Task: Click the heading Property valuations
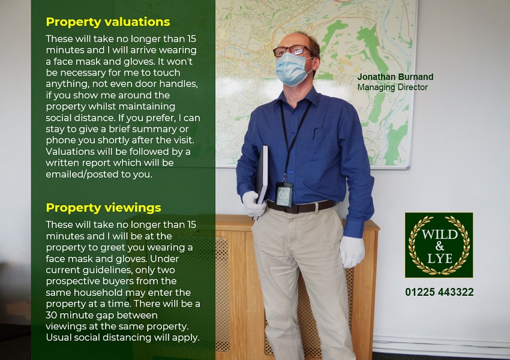coord(108,22)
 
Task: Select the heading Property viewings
coord(103,208)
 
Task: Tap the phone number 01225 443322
coord(439,292)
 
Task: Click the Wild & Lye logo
coord(439,245)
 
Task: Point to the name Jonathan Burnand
coord(395,77)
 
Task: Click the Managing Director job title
coord(392,87)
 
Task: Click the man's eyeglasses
coord(292,51)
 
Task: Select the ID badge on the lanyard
coord(284,194)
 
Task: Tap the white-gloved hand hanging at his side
coord(352,251)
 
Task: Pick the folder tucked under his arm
coord(263,174)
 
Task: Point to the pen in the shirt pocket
coord(314,133)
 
